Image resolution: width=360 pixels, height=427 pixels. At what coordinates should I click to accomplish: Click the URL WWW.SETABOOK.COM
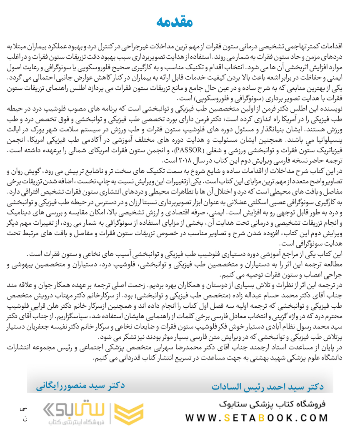(257, 417)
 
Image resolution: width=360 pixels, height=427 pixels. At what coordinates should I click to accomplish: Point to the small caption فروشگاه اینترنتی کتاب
(82, 422)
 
